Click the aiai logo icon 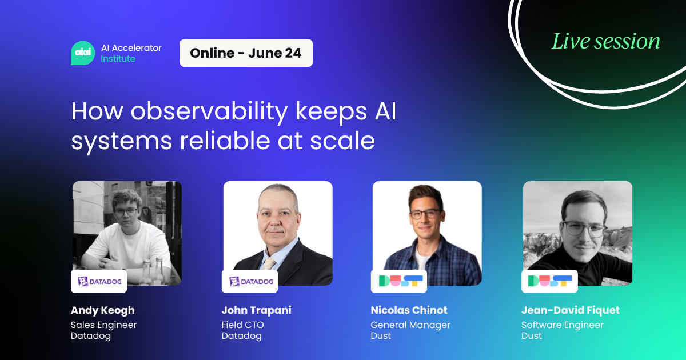[82, 53]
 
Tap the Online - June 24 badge [246, 53]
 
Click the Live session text [605, 41]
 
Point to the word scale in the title [346, 141]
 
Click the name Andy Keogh [103, 310]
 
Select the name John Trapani [256, 310]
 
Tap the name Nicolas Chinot [409, 310]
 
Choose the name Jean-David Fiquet [570, 310]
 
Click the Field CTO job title [242, 325]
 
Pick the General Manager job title [410, 325]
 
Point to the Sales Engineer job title [104, 325]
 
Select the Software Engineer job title [562, 325]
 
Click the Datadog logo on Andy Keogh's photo [99, 281]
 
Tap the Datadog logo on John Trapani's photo [250, 281]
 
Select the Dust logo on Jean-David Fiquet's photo [549, 281]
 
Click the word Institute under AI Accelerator [118, 59]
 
